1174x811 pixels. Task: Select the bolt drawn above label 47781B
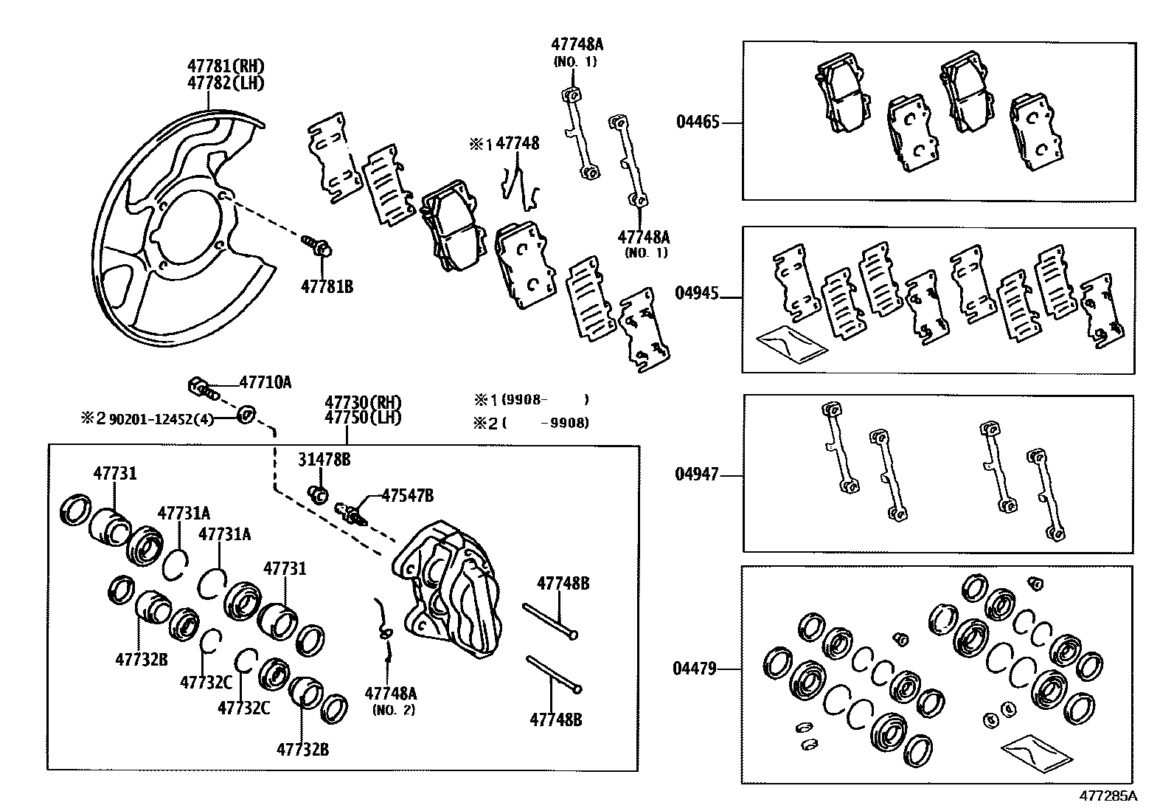(x=317, y=245)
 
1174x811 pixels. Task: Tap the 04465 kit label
(x=697, y=122)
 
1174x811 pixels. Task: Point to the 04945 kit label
(x=697, y=293)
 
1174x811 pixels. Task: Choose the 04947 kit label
(x=697, y=474)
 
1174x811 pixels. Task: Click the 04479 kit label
(x=695, y=669)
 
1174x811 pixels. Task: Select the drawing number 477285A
(x=1108, y=796)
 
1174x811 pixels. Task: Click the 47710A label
(x=265, y=382)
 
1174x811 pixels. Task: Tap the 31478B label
(x=324, y=460)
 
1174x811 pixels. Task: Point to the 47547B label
(x=407, y=495)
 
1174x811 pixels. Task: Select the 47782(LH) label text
(x=226, y=83)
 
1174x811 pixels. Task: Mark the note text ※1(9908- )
(x=531, y=400)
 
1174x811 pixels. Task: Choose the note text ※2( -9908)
(x=531, y=423)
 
